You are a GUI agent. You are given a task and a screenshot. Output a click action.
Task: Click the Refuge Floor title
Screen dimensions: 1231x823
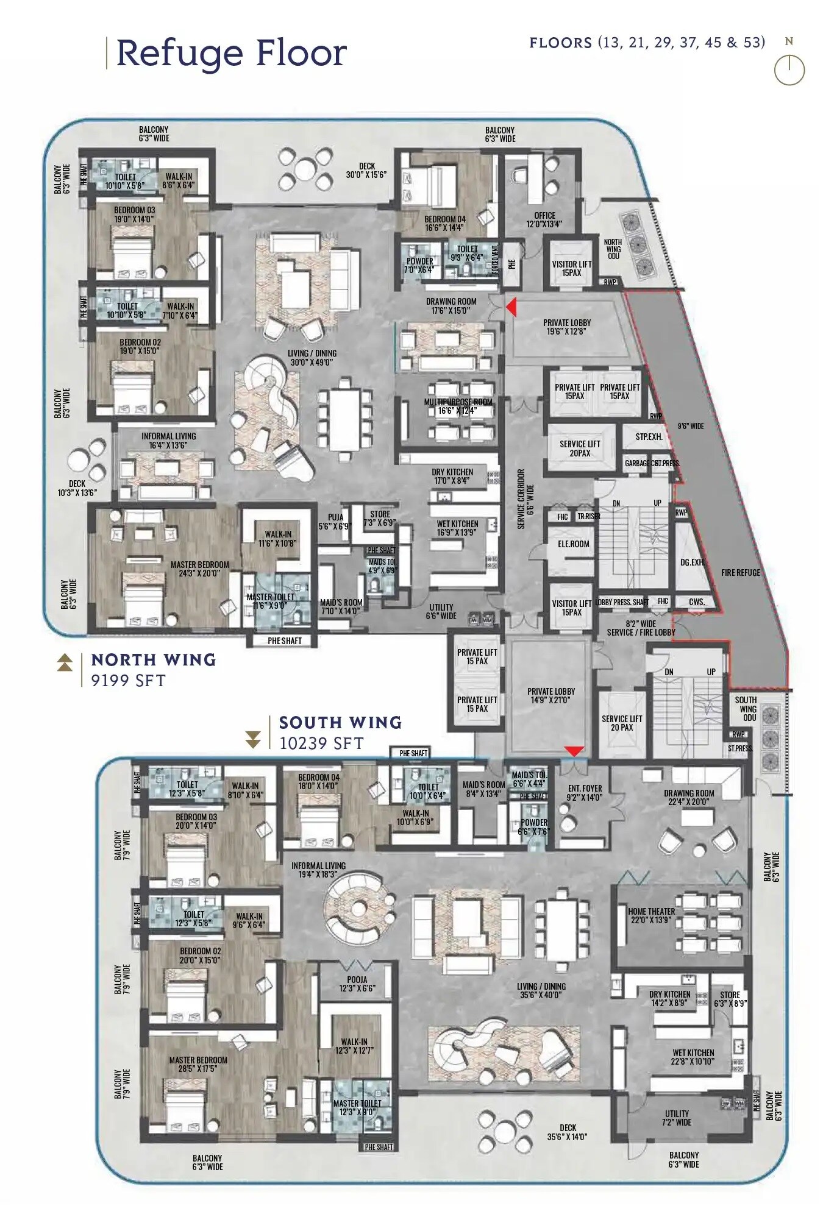[x=231, y=53]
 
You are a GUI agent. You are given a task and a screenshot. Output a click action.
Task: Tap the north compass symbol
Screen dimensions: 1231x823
[x=789, y=69]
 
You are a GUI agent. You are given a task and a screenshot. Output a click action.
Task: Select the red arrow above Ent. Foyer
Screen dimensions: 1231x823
[x=574, y=751]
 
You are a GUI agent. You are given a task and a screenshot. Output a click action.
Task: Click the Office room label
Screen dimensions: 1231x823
[x=544, y=219]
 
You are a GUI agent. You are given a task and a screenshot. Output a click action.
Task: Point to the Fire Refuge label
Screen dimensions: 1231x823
[x=740, y=573]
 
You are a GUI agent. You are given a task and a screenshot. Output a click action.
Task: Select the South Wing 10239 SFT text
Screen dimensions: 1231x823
[x=340, y=732]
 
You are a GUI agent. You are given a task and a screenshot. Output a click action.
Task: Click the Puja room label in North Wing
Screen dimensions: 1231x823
[x=335, y=521]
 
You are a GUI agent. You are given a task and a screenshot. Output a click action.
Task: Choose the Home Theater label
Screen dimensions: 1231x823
[x=651, y=915]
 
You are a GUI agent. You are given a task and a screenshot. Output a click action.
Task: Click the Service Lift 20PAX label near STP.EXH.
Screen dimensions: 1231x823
[x=580, y=448]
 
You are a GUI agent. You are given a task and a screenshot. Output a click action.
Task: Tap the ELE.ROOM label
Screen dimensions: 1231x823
[x=573, y=544]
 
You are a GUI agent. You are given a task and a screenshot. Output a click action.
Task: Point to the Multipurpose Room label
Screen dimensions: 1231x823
[x=458, y=406]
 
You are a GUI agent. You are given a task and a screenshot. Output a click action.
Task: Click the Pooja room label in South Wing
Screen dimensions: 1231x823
[x=357, y=984]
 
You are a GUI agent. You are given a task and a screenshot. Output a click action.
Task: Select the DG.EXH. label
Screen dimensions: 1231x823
[x=692, y=562]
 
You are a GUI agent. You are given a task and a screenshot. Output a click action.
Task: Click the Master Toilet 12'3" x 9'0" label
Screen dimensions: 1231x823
[x=357, y=1107]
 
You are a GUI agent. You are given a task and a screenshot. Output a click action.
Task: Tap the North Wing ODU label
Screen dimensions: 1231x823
[x=613, y=249]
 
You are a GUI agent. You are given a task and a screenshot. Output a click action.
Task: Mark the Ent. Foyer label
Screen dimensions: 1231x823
[x=584, y=792]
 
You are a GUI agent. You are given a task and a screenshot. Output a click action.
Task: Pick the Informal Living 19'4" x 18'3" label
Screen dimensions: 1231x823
[x=318, y=870]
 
